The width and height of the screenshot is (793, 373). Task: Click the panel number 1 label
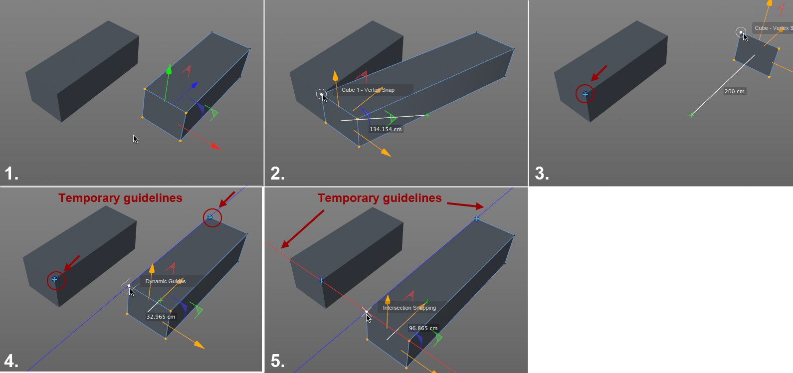pyautogui.click(x=11, y=174)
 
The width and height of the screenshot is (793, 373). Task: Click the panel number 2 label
pyautogui.click(x=277, y=174)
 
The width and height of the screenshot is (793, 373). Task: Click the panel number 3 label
pyautogui.click(x=542, y=174)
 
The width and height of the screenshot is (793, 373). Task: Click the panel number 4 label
pyautogui.click(x=11, y=361)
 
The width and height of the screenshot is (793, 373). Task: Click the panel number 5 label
pyautogui.click(x=277, y=361)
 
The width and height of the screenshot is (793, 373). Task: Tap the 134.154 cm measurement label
pyautogui.click(x=386, y=129)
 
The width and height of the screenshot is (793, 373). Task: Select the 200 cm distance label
pyautogui.click(x=735, y=91)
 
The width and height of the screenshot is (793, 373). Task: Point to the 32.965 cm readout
pyautogui.click(x=161, y=317)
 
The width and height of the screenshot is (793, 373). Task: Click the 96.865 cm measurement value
pyautogui.click(x=423, y=328)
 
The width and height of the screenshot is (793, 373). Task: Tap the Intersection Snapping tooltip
pyautogui.click(x=409, y=308)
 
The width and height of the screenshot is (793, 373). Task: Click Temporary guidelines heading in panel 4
pyautogui.click(x=120, y=198)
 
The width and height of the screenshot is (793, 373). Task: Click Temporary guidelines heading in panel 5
pyautogui.click(x=380, y=198)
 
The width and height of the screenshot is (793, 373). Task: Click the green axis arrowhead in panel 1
pyautogui.click(x=169, y=69)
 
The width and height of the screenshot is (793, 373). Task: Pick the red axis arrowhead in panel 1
pyautogui.click(x=215, y=146)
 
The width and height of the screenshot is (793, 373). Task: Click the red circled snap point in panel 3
pyautogui.click(x=585, y=94)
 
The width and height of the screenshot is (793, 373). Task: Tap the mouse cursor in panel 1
pyautogui.click(x=136, y=139)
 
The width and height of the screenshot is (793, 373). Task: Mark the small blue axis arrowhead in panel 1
pyautogui.click(x=195, y=85)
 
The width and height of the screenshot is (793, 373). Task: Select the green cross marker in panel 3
pyautogui.click(x=691, y=115)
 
